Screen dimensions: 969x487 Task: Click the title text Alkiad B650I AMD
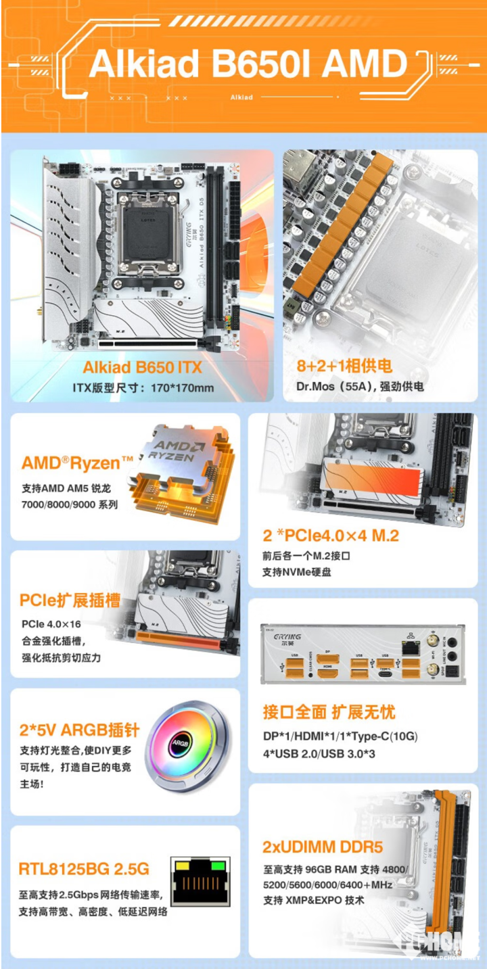[x=248, y=64]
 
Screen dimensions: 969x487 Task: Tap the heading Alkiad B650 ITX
[x=142, y=368]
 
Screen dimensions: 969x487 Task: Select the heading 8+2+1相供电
[x=344, y=367]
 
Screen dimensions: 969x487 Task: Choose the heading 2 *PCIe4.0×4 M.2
[x=331, y=536]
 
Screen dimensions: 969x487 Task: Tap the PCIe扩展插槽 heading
[x=70, y=600]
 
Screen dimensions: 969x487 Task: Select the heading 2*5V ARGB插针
[x=80, y=730]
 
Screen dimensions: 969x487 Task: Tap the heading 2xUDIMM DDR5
[x=323, y=847]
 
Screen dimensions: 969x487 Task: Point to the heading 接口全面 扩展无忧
[x=329, y=712]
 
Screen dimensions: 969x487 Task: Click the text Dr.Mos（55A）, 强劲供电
[x=360, y=387]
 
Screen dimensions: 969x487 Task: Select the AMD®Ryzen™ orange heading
[x=78, y=463]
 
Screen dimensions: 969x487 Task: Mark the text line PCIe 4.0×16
[x=52, y=624]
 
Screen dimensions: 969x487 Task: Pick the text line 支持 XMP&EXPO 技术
[x=314, y=900]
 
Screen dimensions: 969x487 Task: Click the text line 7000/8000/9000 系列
[x=70, y=504]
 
